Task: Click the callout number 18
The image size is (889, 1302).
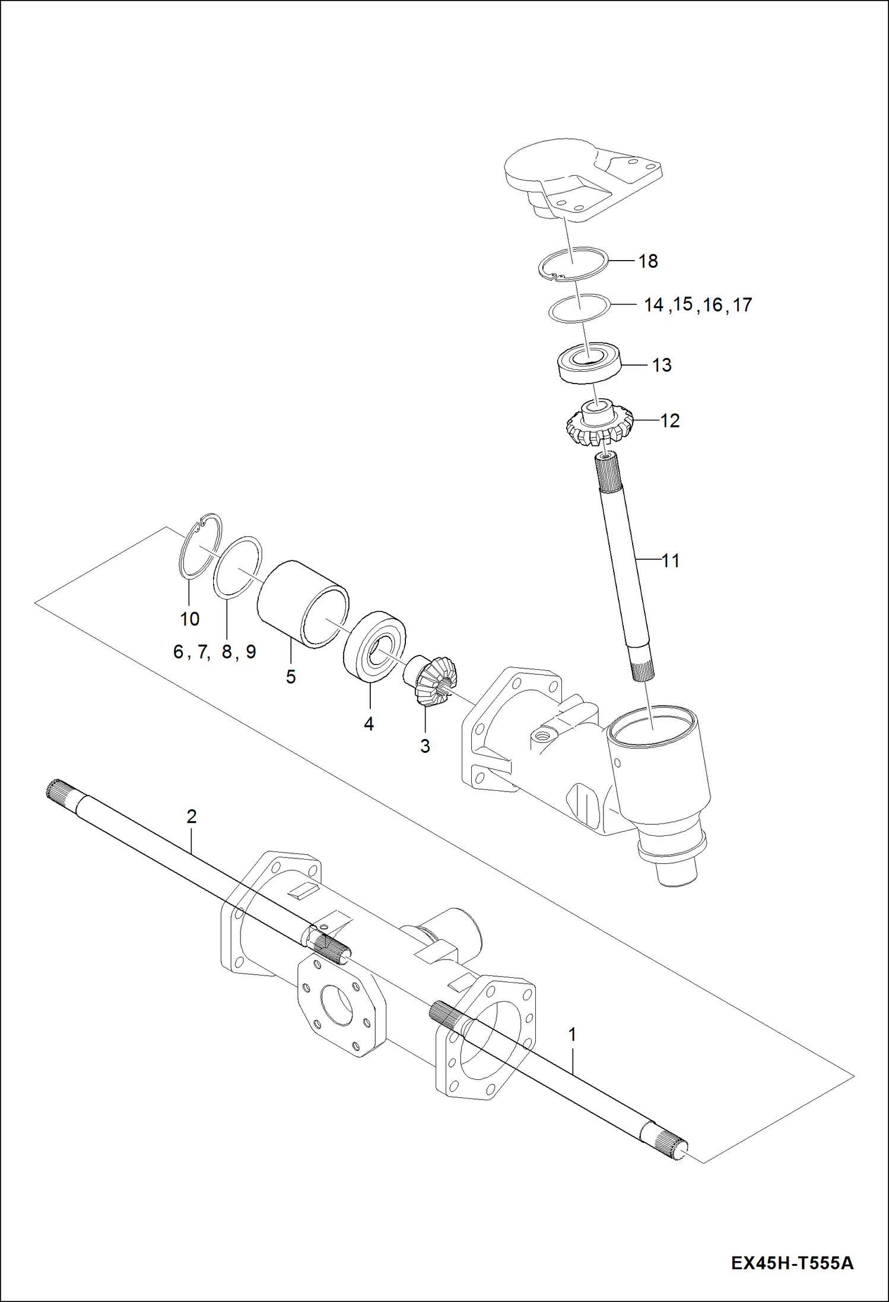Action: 648,261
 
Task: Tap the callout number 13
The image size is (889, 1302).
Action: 662,365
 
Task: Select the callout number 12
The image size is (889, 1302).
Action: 669,421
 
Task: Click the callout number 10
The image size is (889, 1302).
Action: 190,619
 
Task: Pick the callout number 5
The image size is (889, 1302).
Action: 291,676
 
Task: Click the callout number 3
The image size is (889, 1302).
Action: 425,746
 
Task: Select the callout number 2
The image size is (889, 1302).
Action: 191,816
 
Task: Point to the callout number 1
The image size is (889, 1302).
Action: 572,1034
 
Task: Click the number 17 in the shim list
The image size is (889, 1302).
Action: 742,305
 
